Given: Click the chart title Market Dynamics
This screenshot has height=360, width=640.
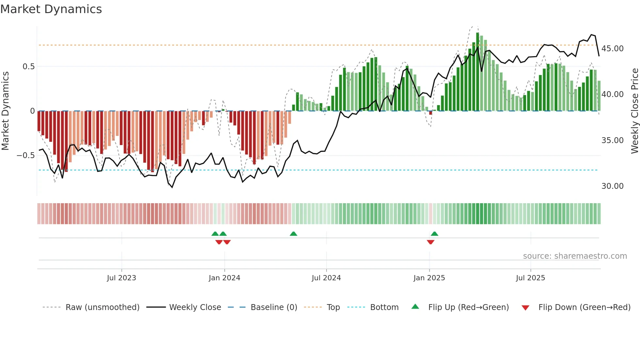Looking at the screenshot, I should pyautogui.click(x=51, y=9).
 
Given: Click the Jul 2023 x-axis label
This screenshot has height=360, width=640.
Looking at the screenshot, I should pyautogui.click(x=121, y=278).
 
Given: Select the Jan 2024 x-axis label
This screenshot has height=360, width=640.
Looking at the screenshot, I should pyautogui.click(x=224, y=278).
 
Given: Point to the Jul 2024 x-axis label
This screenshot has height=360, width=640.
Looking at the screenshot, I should pyautogui.click(x=326, y=278).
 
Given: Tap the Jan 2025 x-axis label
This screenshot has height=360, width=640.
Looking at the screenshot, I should pyautogui.click(x=429, y=278).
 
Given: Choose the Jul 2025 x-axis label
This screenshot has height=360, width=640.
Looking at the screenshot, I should pyautogui.click(x=531, y=278).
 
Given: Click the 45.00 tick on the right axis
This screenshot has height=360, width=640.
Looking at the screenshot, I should pyautogui.click(x=613, y=49).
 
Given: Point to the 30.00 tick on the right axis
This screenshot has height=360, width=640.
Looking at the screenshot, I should pyautogui.click(x=613, y=186).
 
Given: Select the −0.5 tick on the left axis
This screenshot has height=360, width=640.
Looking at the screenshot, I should pyautogui.click(x=25, y=155).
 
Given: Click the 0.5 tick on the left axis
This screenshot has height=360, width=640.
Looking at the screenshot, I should pyautogui.click(x=28, y=67).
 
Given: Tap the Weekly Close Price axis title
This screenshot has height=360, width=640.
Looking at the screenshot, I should pyautogui.click(x=634, y=111).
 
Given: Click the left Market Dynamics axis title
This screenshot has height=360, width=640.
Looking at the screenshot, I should pyautogui.click(x=5, y=111).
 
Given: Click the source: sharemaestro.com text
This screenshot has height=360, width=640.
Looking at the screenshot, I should pyautogui.click(x=575, y=256).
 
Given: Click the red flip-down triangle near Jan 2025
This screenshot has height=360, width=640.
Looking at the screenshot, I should pyautogui.click(x=430, y=242).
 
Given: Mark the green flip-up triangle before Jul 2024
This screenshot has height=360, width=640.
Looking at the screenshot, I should pyautogui.click(x=294, y=234).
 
